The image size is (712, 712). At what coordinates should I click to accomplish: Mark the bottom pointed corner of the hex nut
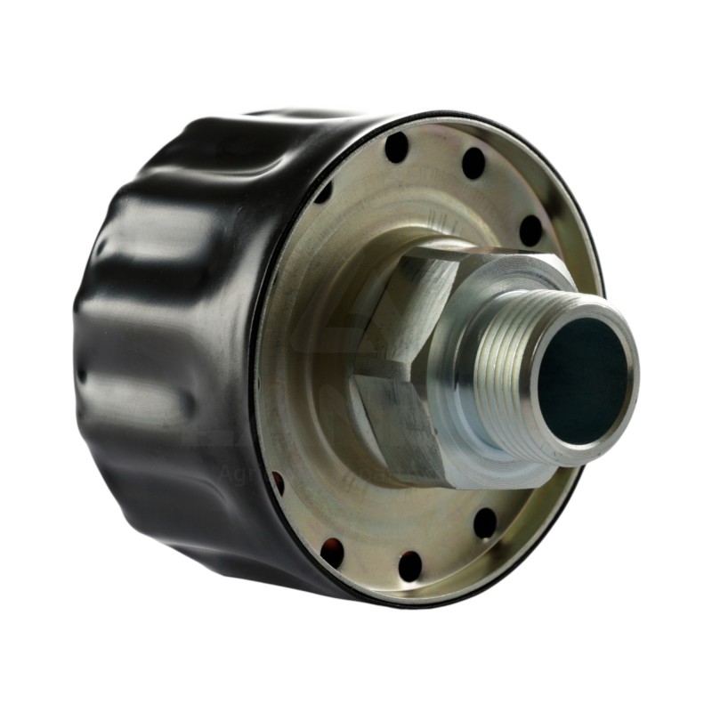(x=445, y=485)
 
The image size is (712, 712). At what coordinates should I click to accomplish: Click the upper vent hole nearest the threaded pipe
(x=530, y=231)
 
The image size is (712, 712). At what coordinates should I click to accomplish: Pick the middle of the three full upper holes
(x=473, y=163)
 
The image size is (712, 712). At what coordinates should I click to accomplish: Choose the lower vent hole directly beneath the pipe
(x=485, y=522)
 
